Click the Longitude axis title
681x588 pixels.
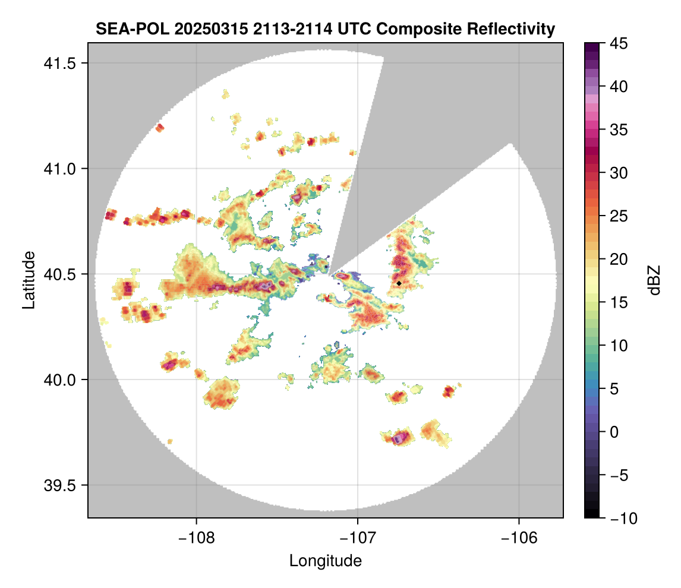325,561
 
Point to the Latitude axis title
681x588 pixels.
28,280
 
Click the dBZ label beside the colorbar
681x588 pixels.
654,280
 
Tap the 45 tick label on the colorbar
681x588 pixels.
617,43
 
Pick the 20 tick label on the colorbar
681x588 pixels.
617,259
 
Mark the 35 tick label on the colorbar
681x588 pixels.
617,129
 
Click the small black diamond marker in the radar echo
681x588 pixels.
399,283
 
